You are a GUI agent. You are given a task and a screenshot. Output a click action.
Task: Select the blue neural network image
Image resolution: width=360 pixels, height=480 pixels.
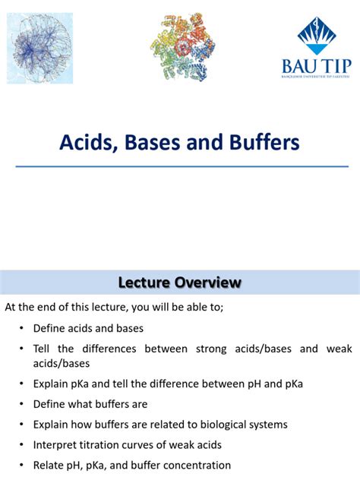(x=40, y=47)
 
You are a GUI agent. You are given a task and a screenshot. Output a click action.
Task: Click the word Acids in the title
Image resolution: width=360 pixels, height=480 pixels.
(x=85, y=142)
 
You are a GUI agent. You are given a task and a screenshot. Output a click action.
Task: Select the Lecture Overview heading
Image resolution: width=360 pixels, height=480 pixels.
(x=180, y=283)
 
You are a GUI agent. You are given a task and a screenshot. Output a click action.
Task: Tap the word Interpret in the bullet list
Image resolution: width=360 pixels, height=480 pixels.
(x=55, y=444)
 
